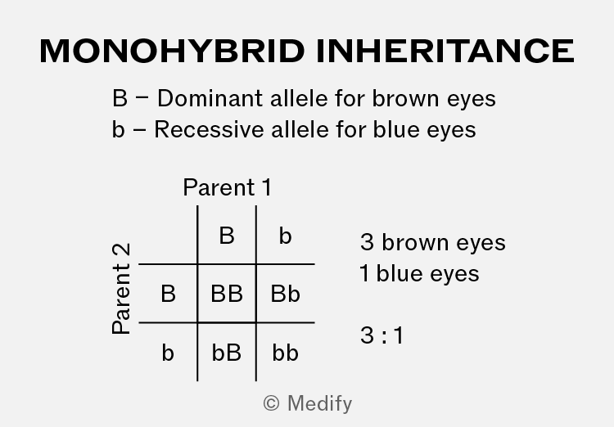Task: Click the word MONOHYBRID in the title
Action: tap(172, 51)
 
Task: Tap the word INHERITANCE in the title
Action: tap(445, 51)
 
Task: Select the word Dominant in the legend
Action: tap(210, 98)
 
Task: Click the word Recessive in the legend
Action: tap(209, 129)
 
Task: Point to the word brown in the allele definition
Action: tap(405, 98)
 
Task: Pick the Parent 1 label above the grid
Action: tap(227, 187)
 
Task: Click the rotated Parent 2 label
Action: tap(121, 289)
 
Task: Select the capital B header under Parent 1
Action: tap(227, 236)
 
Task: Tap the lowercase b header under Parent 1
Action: tap(285, 236)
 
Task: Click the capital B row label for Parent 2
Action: tap(168, 294)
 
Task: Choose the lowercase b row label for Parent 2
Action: tap(168, 353)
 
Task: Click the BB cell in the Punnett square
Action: tap(227, 294)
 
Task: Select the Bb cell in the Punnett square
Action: tap(285, 294)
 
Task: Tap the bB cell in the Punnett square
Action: tap(226, 353)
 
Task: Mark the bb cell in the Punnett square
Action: tap(285, 353)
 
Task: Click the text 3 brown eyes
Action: tap(433, 242)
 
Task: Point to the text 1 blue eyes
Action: tap(419, 273)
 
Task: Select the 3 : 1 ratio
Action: tap(381, 335)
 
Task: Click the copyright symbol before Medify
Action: tap(271, 403)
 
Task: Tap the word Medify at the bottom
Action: tap(319, 404)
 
